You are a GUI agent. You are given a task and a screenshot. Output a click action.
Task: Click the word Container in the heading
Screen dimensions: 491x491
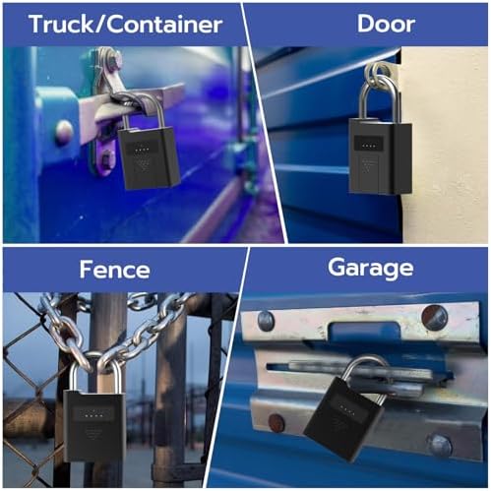click(x=164, y=25)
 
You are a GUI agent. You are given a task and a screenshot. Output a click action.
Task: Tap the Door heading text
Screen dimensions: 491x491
click(x=386, y=24)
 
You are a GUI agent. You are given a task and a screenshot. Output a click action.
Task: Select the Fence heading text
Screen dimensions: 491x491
click(x=114, y=270)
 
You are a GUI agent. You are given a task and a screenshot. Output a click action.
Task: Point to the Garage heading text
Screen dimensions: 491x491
click(x=370, y=269)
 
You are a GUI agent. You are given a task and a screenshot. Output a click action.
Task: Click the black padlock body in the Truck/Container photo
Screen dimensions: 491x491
click(x=149, y=158)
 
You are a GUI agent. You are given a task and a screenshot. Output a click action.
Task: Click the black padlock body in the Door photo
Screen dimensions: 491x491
click(x=381, y=156)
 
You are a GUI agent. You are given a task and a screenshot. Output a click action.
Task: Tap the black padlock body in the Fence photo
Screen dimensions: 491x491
click(x=93, y=426)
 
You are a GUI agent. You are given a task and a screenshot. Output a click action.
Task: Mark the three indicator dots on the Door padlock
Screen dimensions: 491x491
click(x=369, y=147)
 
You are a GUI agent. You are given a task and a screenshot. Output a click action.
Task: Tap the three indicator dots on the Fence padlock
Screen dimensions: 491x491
click(x=92, y=415)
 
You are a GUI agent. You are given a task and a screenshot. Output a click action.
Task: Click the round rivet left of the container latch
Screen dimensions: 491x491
click(x=64, y=131)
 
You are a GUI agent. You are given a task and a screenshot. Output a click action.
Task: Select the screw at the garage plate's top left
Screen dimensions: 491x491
click(x=266, y=321)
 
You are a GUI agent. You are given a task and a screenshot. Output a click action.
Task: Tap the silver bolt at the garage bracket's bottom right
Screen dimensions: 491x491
click(x=440, y=446)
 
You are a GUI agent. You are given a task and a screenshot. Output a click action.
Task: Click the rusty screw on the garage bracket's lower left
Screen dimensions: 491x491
click(x=276, y=423)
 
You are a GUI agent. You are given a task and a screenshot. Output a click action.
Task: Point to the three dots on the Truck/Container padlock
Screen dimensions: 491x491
click(x=142, y=150)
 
